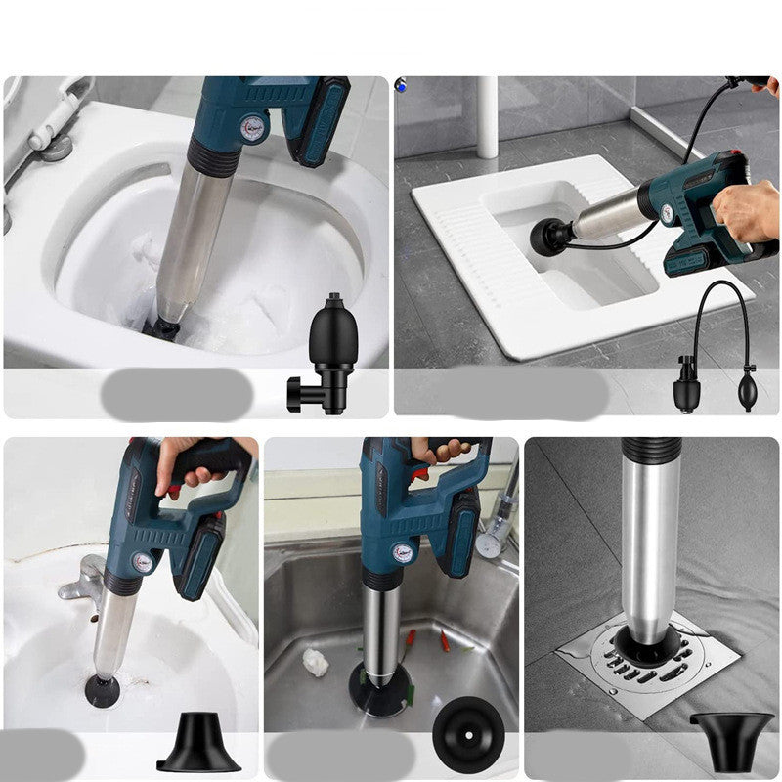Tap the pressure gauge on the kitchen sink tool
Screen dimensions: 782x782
click(x=402, y=552)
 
